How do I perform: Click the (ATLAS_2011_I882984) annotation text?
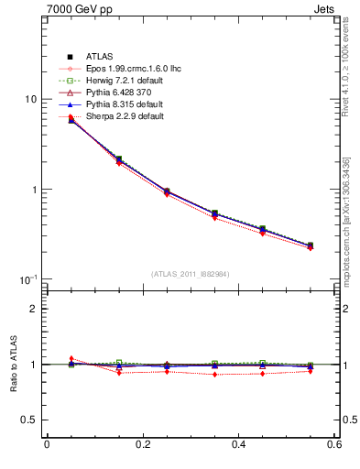[190, 274]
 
